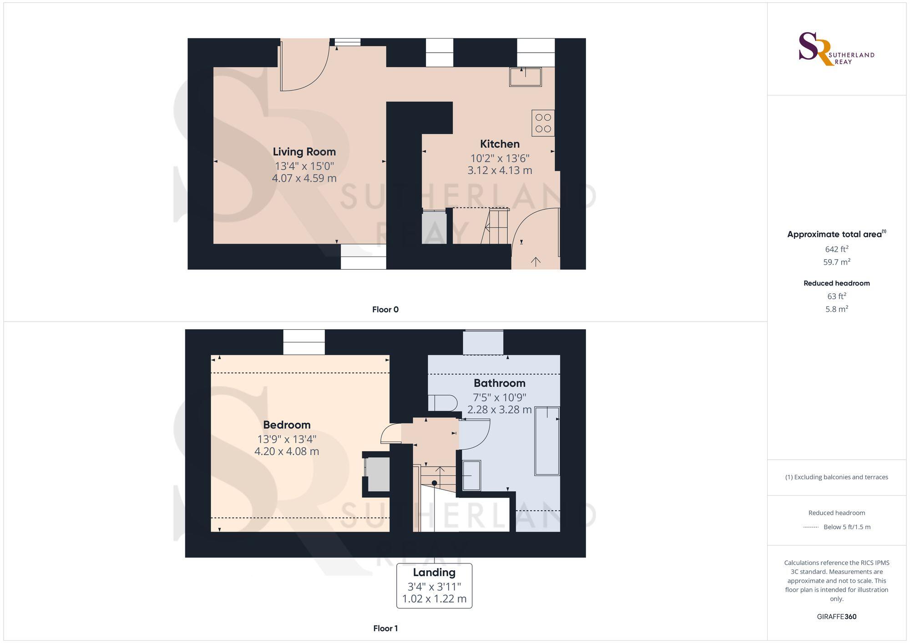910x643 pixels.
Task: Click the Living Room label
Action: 304,152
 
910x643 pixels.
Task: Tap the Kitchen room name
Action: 500,144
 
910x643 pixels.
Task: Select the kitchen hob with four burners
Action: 543,123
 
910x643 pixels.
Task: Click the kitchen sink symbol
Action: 525,77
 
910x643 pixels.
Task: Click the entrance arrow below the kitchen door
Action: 536,261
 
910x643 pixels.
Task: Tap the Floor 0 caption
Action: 385,310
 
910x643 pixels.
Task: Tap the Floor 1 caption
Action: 385,628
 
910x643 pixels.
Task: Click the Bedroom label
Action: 287,425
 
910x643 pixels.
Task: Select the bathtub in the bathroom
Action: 546,441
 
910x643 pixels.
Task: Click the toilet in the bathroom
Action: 443,403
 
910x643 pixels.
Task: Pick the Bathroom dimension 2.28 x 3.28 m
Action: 499,410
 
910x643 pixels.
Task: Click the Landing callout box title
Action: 434,573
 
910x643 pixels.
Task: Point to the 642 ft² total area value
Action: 836,249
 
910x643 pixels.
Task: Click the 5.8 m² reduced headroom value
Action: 836,309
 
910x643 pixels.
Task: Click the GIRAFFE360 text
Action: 836,617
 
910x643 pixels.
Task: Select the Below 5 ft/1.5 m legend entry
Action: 846,527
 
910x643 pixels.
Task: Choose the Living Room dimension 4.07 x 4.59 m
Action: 304,178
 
